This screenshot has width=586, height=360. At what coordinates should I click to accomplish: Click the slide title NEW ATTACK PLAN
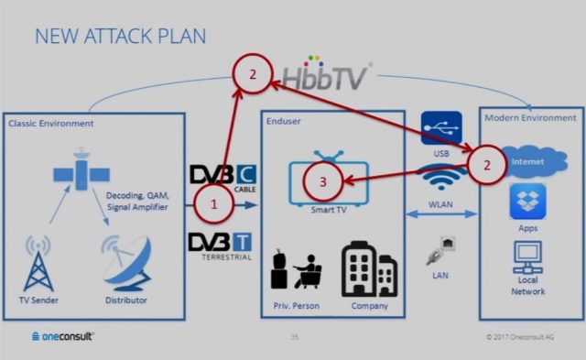(120, 36)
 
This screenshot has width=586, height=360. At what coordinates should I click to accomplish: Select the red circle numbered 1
(213, 204)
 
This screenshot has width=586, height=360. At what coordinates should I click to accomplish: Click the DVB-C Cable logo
(223, 176)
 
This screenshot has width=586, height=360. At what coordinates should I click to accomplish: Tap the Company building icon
(369, 269)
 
